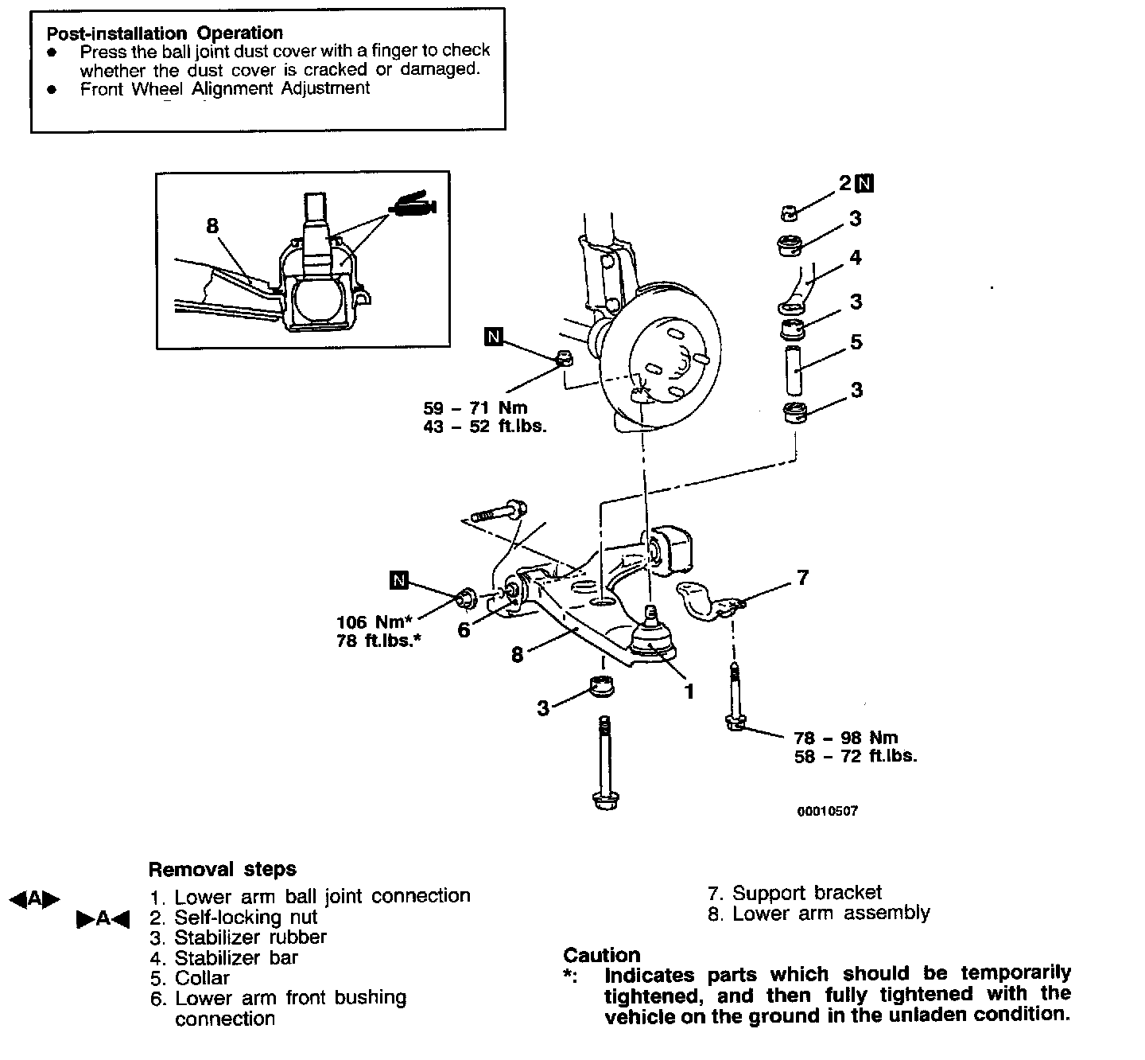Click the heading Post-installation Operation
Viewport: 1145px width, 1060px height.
pos(165,33)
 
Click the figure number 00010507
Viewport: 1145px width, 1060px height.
pos(827,811)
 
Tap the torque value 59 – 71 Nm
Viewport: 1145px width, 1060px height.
pos(475,408)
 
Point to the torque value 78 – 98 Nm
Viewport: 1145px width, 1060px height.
pos(846,737)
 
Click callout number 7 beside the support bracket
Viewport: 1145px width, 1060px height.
pos(802,579)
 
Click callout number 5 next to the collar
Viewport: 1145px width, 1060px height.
pos(856,342)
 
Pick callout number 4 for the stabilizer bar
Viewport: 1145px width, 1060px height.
pos(856,257)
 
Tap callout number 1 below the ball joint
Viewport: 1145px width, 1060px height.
pos(689,692)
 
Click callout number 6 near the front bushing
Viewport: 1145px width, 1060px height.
pos(464,630)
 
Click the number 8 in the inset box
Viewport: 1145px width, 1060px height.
pos(212,226)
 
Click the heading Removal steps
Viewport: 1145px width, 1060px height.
pos(223,869)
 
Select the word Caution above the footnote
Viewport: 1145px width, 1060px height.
pos(602,955)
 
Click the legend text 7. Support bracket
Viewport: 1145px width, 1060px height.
pos(794,893)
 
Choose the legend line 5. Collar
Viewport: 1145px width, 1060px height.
pos(190,978)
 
